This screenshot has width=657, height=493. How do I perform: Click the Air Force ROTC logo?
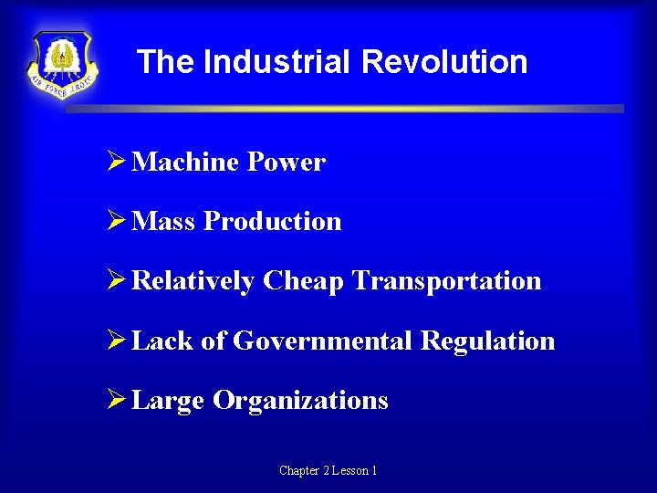pos(62,65)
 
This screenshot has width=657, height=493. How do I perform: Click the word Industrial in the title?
pos(277,62)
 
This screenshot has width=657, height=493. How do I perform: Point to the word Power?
pos(287,163)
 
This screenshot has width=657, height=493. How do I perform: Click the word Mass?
pos(164,222)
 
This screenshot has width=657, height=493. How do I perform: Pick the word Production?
pos(273,222)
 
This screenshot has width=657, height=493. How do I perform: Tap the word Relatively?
pos(193,281)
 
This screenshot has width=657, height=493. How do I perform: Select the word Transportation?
pos(446,281)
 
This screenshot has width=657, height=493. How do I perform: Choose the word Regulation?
pos(488,341)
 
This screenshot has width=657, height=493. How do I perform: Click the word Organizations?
pos(300,401)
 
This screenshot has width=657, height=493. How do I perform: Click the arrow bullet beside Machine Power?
pos(116,162)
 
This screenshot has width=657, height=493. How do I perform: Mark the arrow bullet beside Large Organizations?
pos(116,400)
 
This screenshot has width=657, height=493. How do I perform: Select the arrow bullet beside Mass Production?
pos(116,221)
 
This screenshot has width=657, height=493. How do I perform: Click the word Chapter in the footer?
pos(298,471)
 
